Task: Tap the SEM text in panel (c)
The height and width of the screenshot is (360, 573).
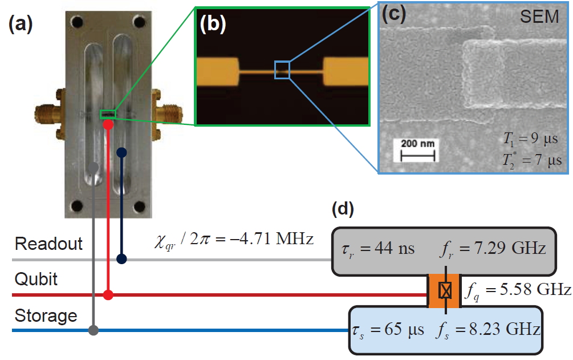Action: (x=539, y=17)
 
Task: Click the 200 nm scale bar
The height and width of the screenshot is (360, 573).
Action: (x=416, y=151)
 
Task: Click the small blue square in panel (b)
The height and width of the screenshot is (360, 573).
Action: (x=282, y=70)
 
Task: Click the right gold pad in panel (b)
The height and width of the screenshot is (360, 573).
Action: (x=346, y=71)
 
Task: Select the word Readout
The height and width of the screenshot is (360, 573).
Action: (x=48, y=244)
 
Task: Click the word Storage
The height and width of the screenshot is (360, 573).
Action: (x=46, y=315)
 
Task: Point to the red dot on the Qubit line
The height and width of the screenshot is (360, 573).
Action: (x=108, y=295)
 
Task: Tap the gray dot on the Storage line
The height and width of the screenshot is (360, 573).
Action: (x=94, y=330)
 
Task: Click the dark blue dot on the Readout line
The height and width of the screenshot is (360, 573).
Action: (x=121, y=260)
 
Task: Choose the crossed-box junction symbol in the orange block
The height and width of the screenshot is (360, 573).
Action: (x=445, y=291)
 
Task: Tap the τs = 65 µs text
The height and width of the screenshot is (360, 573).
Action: (x=386, y=330)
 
